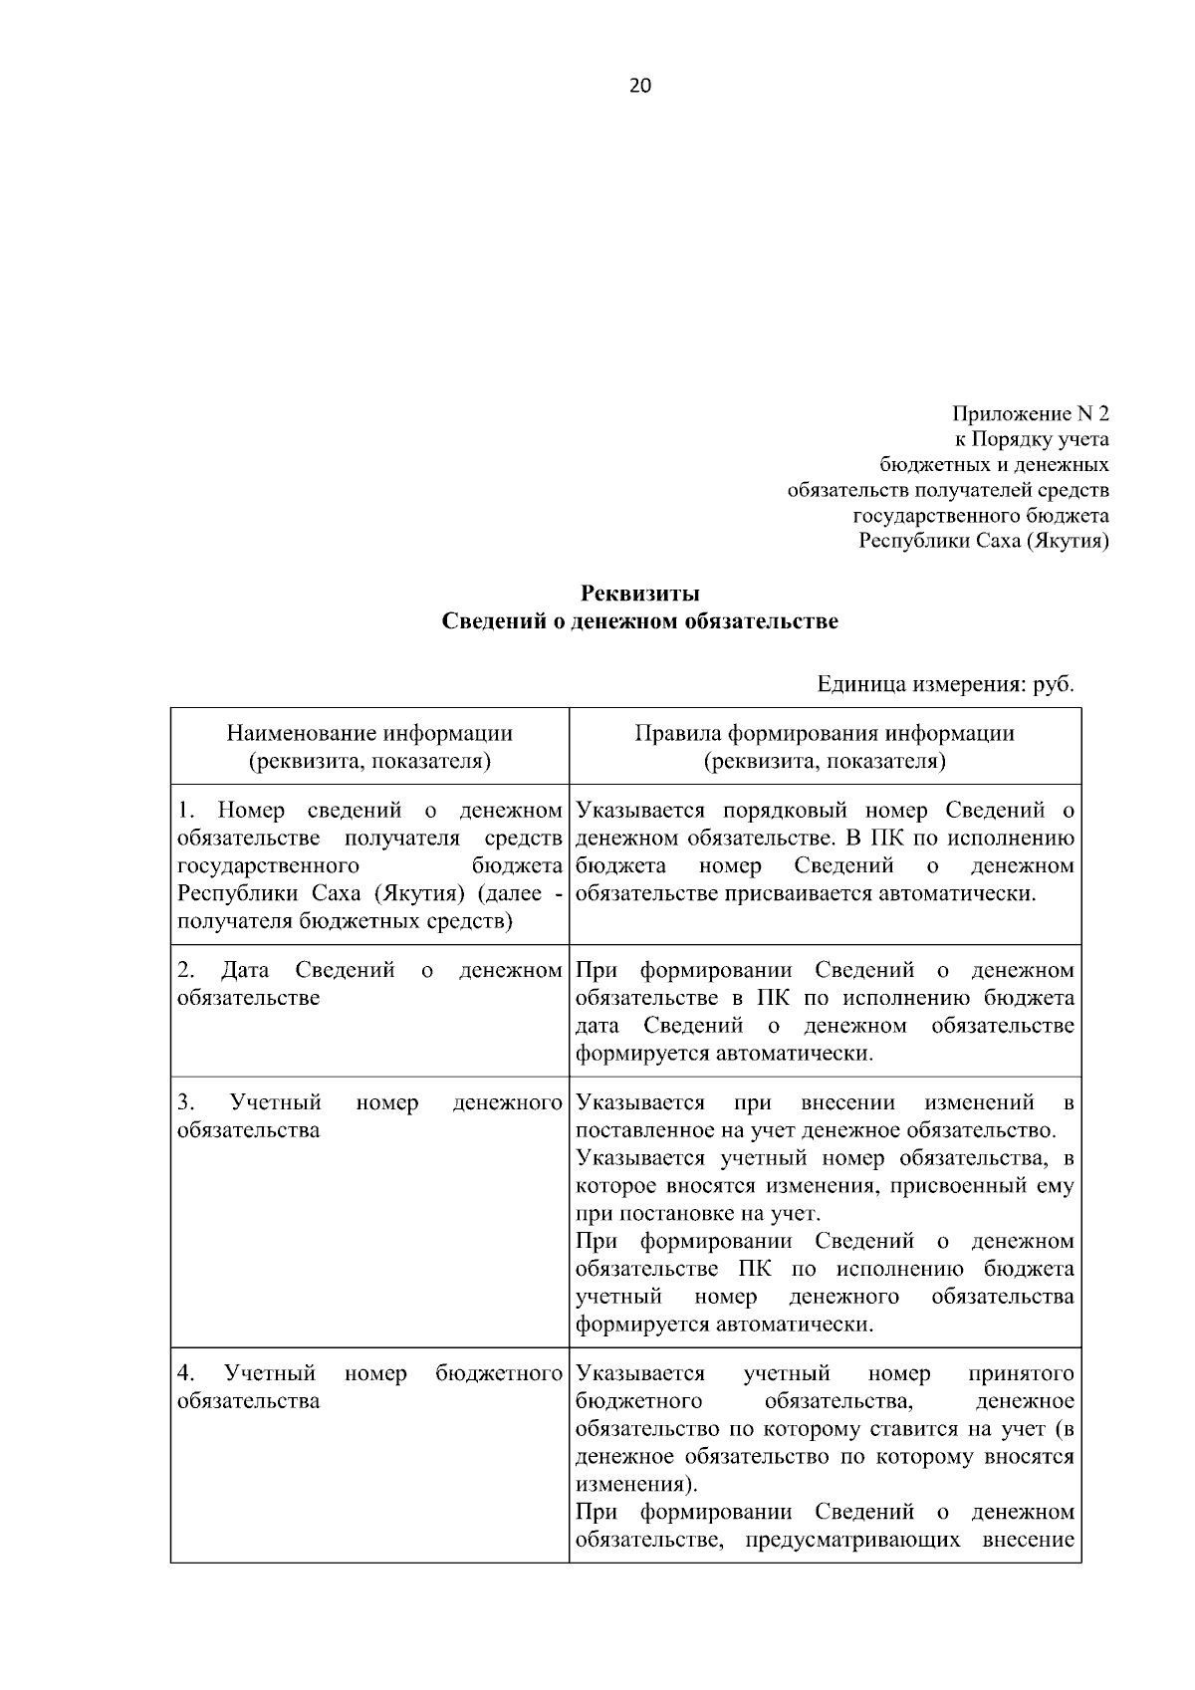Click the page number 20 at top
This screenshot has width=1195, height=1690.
click(x=640, y=86)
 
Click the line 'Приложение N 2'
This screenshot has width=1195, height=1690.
click(x=1031, y=413)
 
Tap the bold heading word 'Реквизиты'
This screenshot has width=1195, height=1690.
click(x=640, y=594)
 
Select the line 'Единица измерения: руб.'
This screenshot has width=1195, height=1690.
click(x=945, y=684)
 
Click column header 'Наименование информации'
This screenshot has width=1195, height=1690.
click(x=369, y=734)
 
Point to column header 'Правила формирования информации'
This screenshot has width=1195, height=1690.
click(x=825, y=734)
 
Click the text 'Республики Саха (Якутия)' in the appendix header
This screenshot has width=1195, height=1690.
click(x=984, y=542)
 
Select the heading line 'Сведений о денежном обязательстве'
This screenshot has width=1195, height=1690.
click(x=640, y=621)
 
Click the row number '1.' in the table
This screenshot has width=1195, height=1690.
click(x=185, y=811)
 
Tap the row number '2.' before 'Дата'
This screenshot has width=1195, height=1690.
click(x=185, y=970)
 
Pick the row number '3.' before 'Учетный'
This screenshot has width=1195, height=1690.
click(x=185, y=1102)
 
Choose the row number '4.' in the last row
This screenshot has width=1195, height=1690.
click(x=185, y=1373)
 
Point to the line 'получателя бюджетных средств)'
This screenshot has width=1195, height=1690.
click(x=345, y=921)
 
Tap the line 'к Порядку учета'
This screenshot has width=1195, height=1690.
click(x=1032, y=439)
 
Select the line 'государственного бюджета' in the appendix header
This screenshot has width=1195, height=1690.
click(x=981, y=516)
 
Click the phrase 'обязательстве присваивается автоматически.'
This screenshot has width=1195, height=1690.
click(x=806, y=893)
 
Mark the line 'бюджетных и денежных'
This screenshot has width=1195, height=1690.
click(x=995, y=465)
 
